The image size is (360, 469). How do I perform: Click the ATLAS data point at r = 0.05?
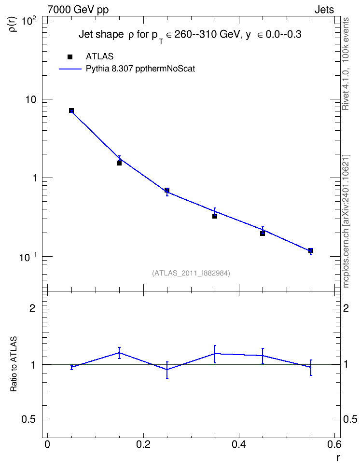coord(71,110)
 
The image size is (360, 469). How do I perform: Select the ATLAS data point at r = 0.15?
coord(119,163)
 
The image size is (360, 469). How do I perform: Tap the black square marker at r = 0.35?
coord(215,216)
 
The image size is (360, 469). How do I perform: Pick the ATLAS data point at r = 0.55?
coord(311,250)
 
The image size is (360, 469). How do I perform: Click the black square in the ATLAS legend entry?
coord(70,57)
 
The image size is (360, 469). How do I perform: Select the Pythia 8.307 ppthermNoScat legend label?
coord(140,69)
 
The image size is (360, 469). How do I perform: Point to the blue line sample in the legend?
coord(70,69)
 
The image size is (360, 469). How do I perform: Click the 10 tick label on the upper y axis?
coord(30,99)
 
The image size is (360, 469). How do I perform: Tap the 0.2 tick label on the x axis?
coord(143,444)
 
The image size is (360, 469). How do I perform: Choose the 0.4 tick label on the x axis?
coord(239,444)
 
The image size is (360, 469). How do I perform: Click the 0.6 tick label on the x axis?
coord(334,444)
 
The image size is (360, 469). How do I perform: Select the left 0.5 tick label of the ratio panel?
coord(28,420)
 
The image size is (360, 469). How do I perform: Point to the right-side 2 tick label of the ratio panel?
coord(346,308)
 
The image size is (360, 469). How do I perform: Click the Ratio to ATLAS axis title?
coord(14,364)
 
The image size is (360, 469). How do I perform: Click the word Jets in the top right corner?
coord(324,10)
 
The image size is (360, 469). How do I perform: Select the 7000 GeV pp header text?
coord(78,10)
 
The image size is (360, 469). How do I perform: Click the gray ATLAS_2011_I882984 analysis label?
coord(191,273)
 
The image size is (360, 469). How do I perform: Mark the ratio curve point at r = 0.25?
coord(167,370)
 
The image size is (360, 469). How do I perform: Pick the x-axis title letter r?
coord(338,458)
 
